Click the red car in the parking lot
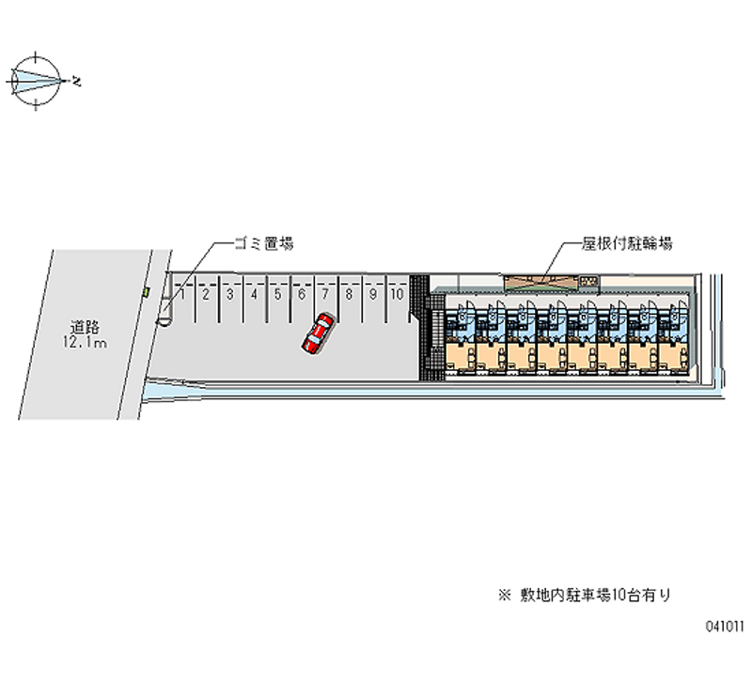point(318,334)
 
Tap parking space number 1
point(181,294)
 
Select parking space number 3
point(229,294)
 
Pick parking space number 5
point(277,294)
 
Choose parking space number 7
point(325,294)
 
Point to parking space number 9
point(373,294)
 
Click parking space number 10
point(398,294)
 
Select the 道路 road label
point(85,328)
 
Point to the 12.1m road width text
point(85,343)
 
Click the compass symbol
point(35,81)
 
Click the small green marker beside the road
point(146,293)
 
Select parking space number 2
point(205,294)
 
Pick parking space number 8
point(349,294)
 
